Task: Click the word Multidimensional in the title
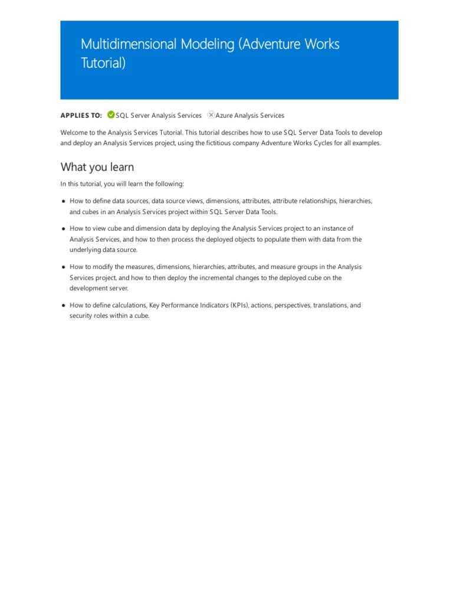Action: [119, 44]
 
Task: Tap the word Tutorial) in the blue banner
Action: [103, 63]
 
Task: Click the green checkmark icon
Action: [111, 115]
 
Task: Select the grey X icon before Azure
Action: [211, 115]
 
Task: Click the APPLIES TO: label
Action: [81, 116]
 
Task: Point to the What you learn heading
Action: [97, 167]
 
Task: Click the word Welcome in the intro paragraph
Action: [74, 133]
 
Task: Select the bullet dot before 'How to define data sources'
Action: [63, 201]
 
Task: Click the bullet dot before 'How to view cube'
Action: [63, 228]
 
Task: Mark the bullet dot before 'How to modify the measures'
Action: [63, 267]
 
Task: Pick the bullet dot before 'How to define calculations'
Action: [63, 306]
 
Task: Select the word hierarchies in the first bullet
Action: [355, 201]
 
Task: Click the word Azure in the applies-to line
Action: [225, 116]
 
